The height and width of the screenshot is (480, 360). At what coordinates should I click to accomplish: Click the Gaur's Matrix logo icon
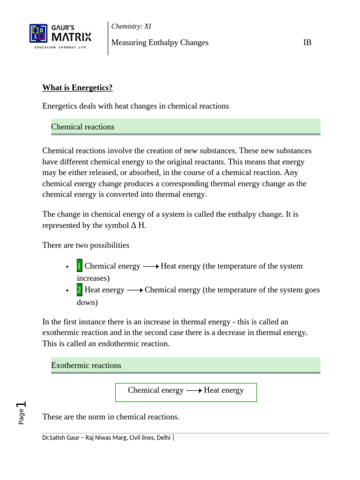coord(38,34)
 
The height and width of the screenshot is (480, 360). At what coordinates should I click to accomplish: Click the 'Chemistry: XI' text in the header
coord(131,27)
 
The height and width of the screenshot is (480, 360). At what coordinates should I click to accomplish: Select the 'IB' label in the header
coord(307,43)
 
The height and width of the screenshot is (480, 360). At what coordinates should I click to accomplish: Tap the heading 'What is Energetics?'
coord(77,88)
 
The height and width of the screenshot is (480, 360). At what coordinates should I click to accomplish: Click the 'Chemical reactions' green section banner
coord(186,127)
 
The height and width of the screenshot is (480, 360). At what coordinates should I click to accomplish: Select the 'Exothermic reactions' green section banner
coord(186,366)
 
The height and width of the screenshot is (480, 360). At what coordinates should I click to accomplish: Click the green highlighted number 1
coord(79,266)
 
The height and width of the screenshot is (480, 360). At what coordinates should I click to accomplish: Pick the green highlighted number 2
coord(79,290)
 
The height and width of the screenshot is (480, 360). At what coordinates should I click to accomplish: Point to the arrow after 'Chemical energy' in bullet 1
coord(150,266)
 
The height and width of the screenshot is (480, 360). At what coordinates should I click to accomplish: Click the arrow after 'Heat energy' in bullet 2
coord(135,290)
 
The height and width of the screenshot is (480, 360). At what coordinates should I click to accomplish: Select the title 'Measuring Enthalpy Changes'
coord(160,43)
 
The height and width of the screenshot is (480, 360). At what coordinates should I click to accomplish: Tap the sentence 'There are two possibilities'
coord(86,245)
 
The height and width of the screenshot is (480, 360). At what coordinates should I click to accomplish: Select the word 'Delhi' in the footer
coord(164,438)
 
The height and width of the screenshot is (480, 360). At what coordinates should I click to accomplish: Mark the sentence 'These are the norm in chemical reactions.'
coord(111,417)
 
